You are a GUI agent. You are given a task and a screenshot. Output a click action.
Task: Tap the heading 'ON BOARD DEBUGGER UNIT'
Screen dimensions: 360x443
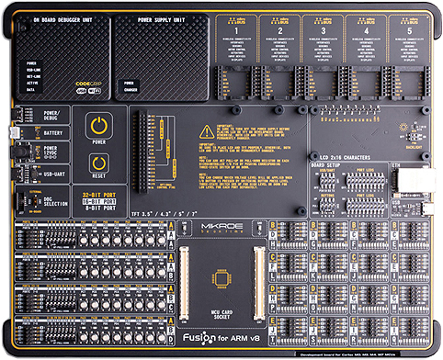62,18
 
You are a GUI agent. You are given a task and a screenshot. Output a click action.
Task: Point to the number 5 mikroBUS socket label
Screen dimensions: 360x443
402,29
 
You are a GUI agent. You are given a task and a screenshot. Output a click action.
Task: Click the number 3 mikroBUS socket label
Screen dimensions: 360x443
319,29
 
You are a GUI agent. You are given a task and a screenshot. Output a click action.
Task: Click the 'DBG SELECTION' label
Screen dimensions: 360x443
57,201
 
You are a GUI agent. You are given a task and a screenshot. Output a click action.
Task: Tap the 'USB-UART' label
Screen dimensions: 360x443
55,171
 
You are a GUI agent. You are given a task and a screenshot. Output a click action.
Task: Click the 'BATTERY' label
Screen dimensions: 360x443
52,132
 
